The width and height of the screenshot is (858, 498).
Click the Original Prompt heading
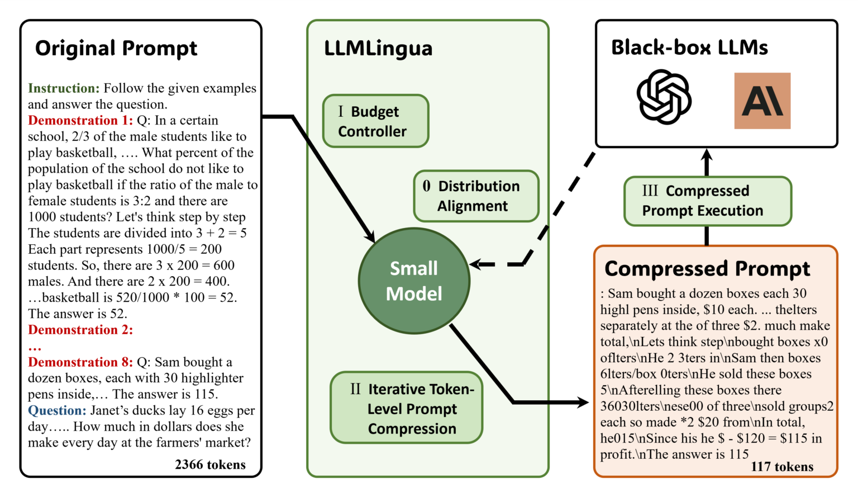pyautogui.click(x=116, y=49)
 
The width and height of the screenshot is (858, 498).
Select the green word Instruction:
pyautogui.click(x=64, y=88)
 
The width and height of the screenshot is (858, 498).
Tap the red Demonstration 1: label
pyautogui.click(x=80, y=121)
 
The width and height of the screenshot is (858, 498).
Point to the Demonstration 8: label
pyautogui.click(x=80, y=362)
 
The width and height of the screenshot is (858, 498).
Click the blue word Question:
pyautogui.click(x=57, y=411)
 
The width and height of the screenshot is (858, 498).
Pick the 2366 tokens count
pyautogui.click(x=210, y=464)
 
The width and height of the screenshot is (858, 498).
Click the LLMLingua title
pyautogui.click(x=378, y=49)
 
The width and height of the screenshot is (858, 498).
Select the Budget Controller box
pyautogui.click(x=375, y=121)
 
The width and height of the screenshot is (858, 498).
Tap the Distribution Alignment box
pyautogui.click(x=476, y=196)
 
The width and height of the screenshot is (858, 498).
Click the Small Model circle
pyautogui.click(x=414, y=281)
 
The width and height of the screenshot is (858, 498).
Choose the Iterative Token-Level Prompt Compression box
pyautogui.click(x=407, y=409)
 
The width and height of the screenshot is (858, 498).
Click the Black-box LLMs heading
pyautogui.click(x=689, y=48)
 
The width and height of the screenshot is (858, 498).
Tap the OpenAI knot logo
pyautogui.click(x=664, y=97)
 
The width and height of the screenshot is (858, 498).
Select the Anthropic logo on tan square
pyautogui.click(x=762, y=101)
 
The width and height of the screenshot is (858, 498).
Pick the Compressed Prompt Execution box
pyautogui.click(x=707, y=201)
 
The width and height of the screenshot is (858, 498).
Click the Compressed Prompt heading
pyautogui.click(x=707, y=269)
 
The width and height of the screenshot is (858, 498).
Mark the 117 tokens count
pyautogui.click(x=782, y=467)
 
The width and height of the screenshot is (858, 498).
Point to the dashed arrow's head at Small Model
pyautogui.click(x=475, y=264)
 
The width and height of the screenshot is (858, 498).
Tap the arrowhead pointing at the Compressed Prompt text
pyautogui.click(x=584, y=402)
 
